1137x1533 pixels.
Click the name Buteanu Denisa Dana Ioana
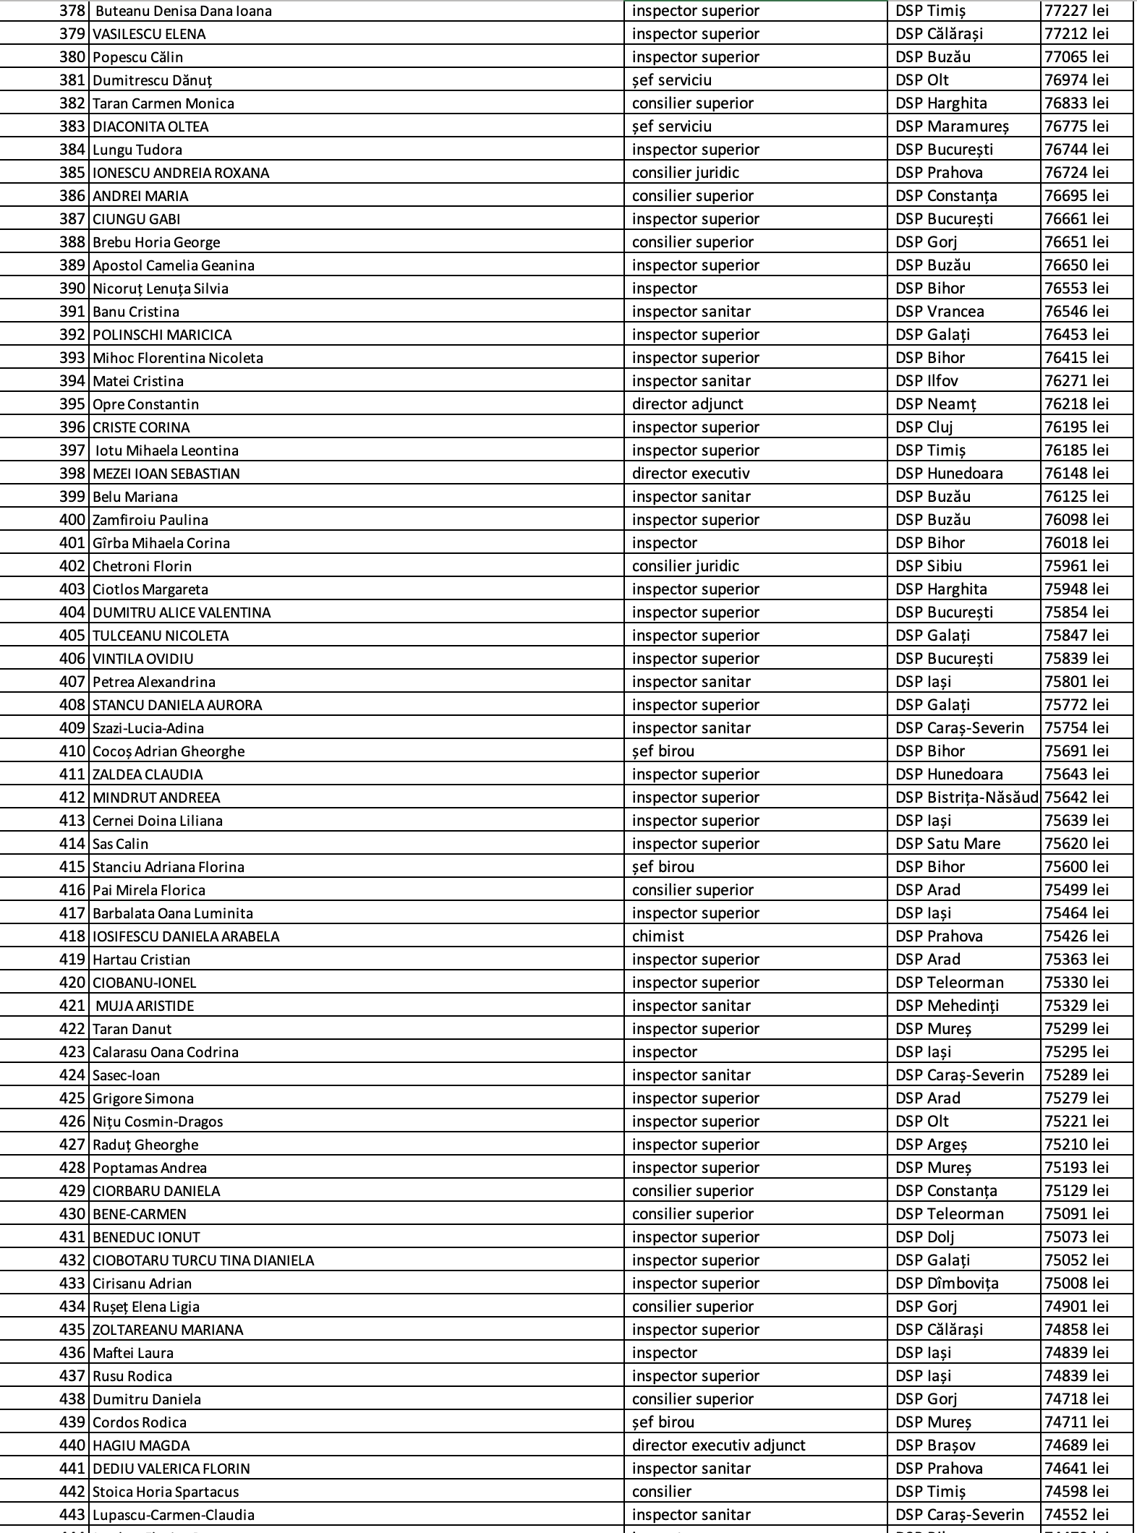tap(183, 11)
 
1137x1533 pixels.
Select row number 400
tap(72, 520)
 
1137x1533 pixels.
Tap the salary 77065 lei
tap(1076, 57)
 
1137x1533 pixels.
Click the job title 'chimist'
tap(657, 936)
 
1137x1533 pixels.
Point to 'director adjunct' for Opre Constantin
tap(687, 404)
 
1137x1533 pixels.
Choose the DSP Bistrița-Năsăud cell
tap(966, 798)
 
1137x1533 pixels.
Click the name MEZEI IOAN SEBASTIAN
tap(166, 474)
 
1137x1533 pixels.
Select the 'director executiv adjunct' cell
tap(718, 1446)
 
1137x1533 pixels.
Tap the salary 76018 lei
tap(1076, 543)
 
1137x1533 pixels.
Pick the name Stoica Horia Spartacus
tap(166, 1492)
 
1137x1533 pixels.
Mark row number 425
tap(72, 1098)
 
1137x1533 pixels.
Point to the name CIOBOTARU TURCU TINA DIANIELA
tap(203, 1260)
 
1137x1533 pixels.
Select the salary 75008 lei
tap(1076, 1284)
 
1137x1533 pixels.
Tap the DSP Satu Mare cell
tap(947, 844)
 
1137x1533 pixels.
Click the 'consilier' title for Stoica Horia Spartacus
tap(661, 1492)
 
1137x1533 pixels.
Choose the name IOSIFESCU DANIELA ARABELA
tap(186, 936)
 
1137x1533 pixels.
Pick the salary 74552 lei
tap(1076, 1515)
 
